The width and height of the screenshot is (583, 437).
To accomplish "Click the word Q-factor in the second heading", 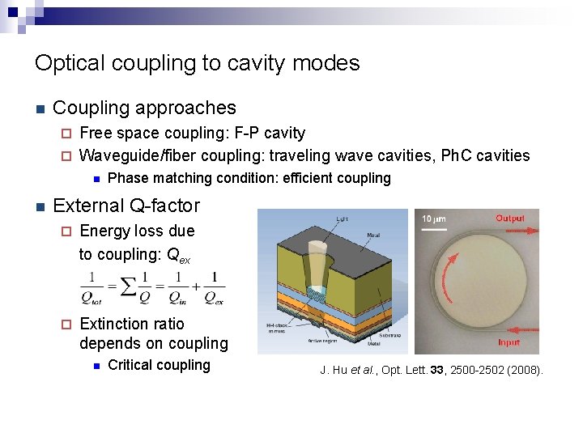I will (x=160, y=206).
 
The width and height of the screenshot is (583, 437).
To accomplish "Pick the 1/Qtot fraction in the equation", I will (x=95, y=288).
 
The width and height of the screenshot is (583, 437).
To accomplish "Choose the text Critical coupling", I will (x=159, y=365).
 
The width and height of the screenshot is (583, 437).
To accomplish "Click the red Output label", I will (x=509, y=218).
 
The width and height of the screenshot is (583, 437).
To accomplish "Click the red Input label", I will (x=509, y=342).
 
